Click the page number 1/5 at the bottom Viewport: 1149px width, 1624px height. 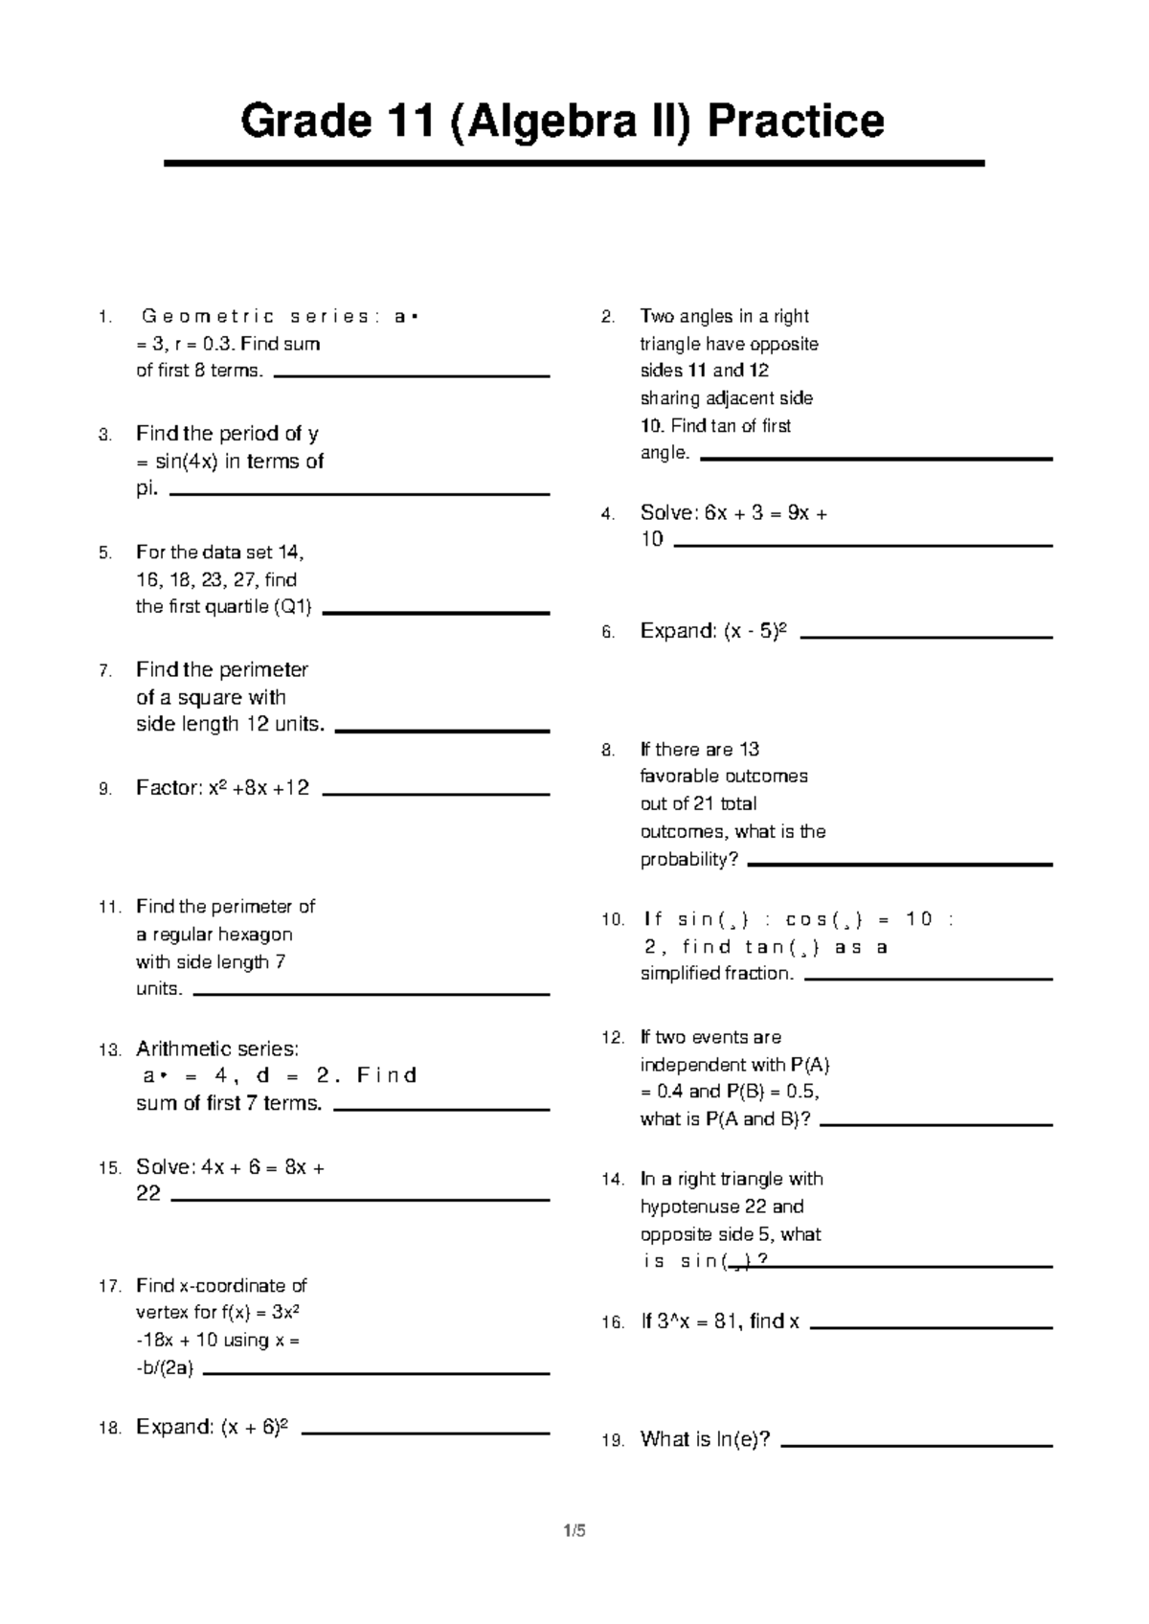tap(574, 1531)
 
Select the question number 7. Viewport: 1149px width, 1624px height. tap(105, 670)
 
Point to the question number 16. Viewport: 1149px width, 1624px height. tap(613, 1323)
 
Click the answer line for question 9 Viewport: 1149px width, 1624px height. tap(437, 795)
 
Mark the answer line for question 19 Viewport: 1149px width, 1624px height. tap(916, 1445)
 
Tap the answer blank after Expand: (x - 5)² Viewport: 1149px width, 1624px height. tap(926, 637)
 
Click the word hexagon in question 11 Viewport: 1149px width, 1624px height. tap(255, 935)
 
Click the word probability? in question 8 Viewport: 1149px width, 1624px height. tap(689, 860)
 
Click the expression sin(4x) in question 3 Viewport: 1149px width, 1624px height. tap(182, 462)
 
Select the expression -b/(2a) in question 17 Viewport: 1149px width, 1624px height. tap(165, 1368)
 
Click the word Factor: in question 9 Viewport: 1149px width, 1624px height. tap(169, 788)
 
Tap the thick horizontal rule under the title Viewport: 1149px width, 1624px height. tap(574, 164)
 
